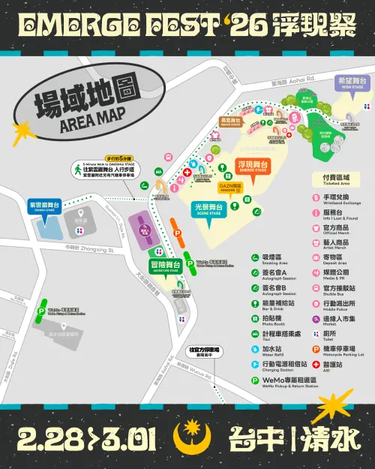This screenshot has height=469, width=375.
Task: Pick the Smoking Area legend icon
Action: click(x=256, y=257)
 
